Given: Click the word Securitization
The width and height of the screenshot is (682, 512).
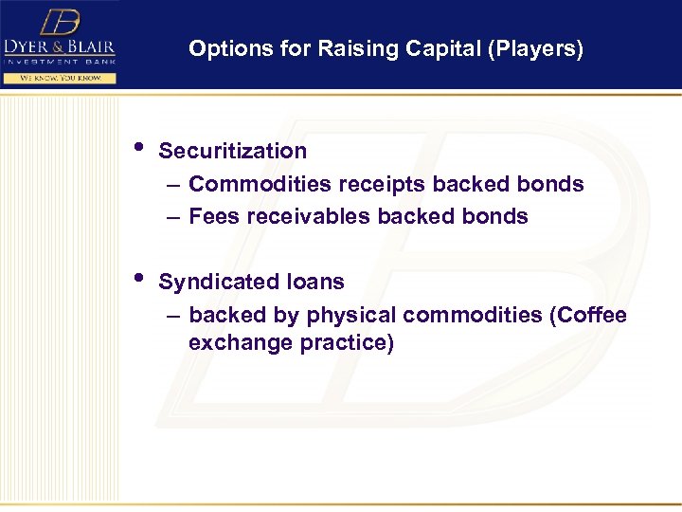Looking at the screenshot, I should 232,151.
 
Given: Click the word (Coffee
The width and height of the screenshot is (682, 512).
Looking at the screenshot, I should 587,315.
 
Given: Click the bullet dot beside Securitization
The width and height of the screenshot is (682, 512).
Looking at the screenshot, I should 139,148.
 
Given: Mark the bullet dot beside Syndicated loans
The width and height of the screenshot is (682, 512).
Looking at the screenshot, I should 139,279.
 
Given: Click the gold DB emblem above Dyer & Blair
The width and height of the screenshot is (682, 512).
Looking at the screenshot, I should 58,22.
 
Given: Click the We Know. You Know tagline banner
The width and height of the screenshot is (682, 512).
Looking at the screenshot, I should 59,78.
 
